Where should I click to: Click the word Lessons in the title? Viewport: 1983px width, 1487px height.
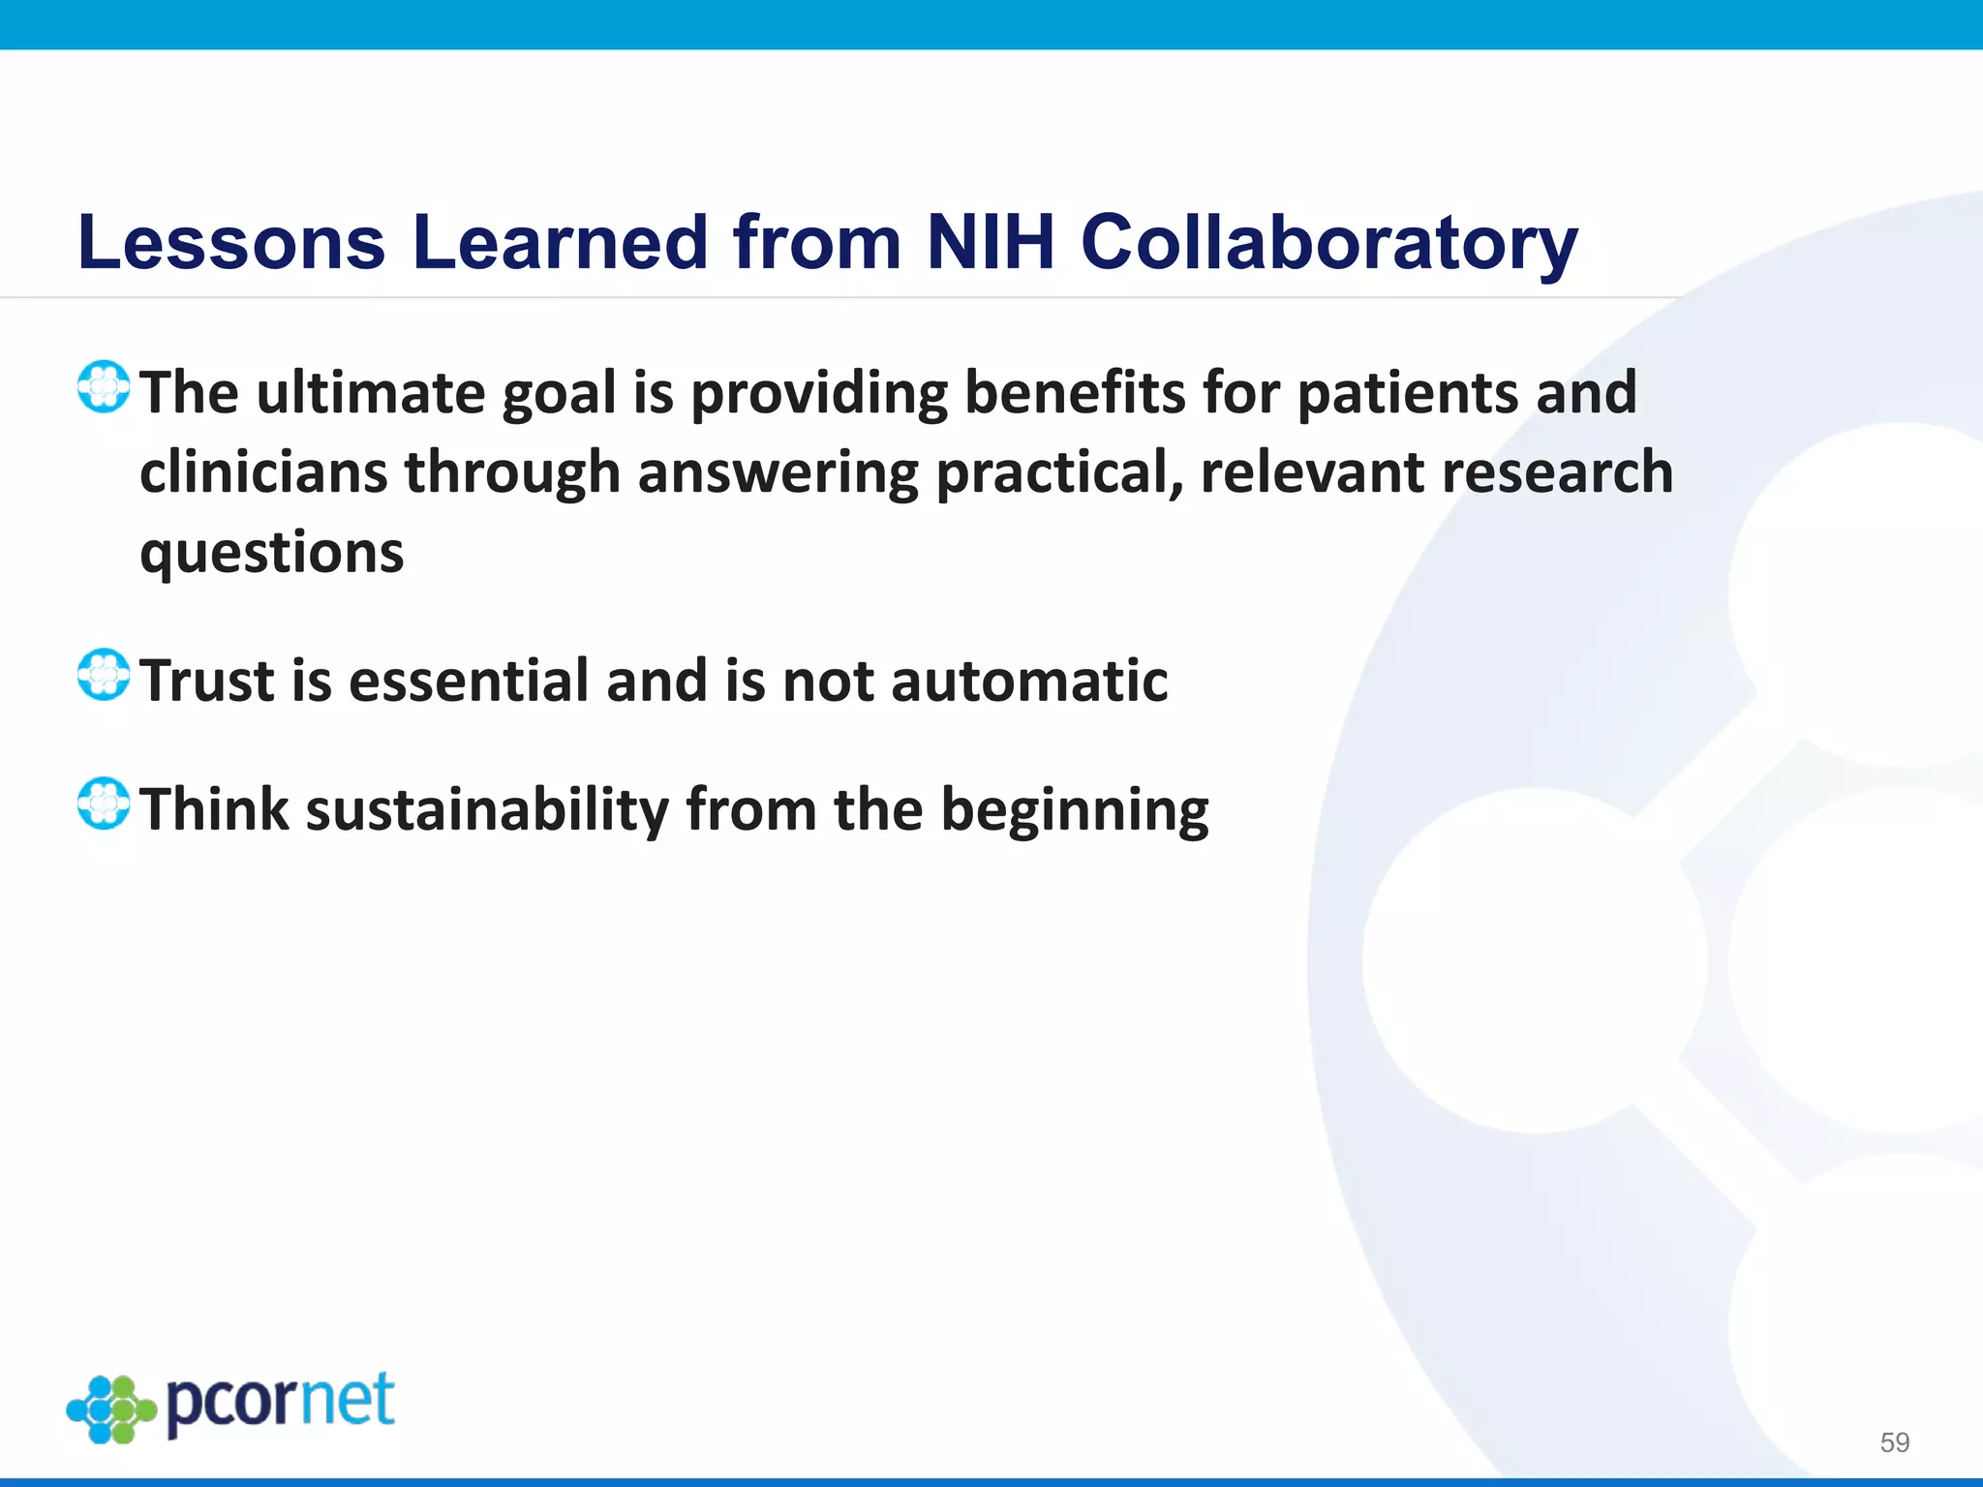(x=231, y=242)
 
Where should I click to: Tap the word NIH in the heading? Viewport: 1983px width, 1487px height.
(x=990, y=242)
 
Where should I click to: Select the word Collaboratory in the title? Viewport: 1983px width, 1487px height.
(x=1328, y=242)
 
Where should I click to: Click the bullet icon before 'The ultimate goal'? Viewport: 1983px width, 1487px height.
(x=104, y=387)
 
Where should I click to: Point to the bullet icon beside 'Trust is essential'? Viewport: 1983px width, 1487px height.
(x=104, y=675)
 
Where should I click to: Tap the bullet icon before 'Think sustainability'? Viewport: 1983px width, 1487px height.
(x=104, y=804)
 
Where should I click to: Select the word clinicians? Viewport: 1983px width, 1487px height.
(x=262, y=472)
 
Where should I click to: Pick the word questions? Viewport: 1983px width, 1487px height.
(x=271, y=554)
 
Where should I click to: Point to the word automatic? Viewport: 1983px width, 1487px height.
(x=1029, y=681)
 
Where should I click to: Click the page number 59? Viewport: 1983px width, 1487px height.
(x=1894, y=1442)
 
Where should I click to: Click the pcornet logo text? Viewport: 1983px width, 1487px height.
(x=281, y=1403)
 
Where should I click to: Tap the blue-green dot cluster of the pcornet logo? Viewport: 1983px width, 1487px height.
(x=111, y=1410)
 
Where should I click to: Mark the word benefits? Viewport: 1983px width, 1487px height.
(x=1075, y=393)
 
